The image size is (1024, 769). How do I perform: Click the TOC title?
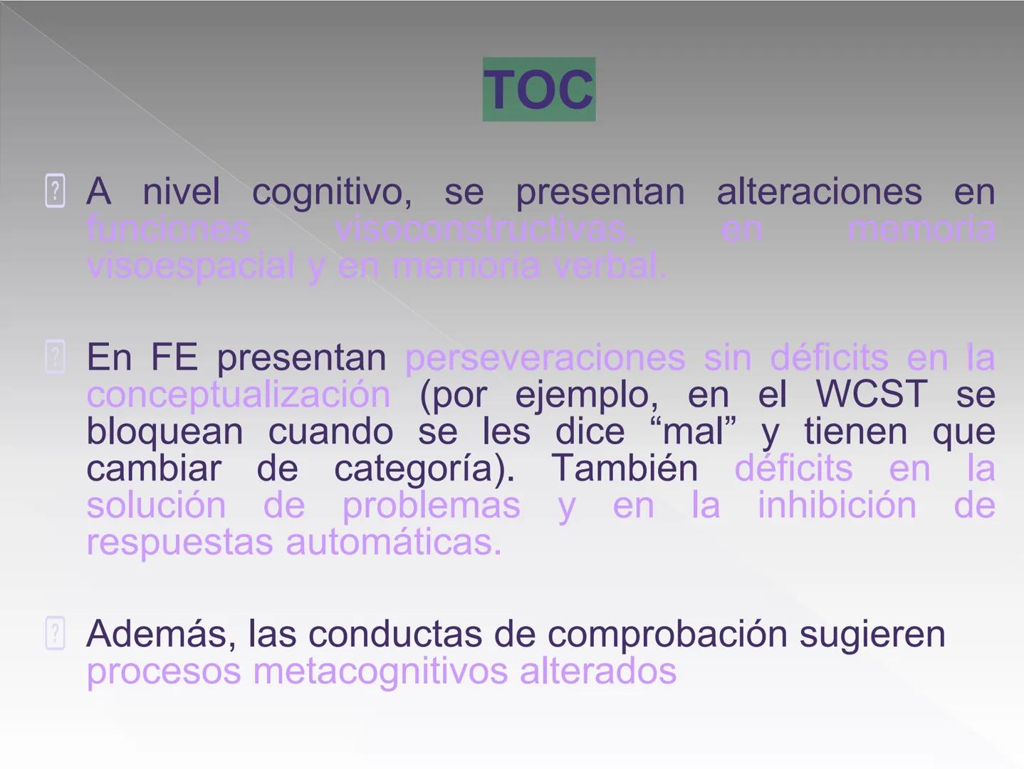[x=539, y=90]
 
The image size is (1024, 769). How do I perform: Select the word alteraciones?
[x=819, y=192]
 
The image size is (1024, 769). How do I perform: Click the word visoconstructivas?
[x=484, y=229]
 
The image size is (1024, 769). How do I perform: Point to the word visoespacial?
[x=190, y=266]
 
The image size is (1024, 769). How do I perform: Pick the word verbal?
[x=610, y=266]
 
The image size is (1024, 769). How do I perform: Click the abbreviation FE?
[x=174, y=357]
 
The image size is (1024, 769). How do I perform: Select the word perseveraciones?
[x=545, y=357]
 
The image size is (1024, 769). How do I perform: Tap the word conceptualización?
[x=239, y=394]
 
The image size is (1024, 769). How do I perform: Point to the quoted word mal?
[x=694, y=431]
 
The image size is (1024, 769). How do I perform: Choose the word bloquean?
[x=164, y=431]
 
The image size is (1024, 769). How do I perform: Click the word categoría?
[x=424, y=469]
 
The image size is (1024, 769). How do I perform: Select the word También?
[x=625, y=469]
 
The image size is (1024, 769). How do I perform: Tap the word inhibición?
[x=837, y=506]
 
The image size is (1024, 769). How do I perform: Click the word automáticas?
[x=394, y=543]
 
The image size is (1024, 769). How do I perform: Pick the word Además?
[x=160, y=634]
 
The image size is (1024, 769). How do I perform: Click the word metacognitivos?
[x=380, y=671]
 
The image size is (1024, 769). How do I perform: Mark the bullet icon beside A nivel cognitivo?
[x=55, y=191]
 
